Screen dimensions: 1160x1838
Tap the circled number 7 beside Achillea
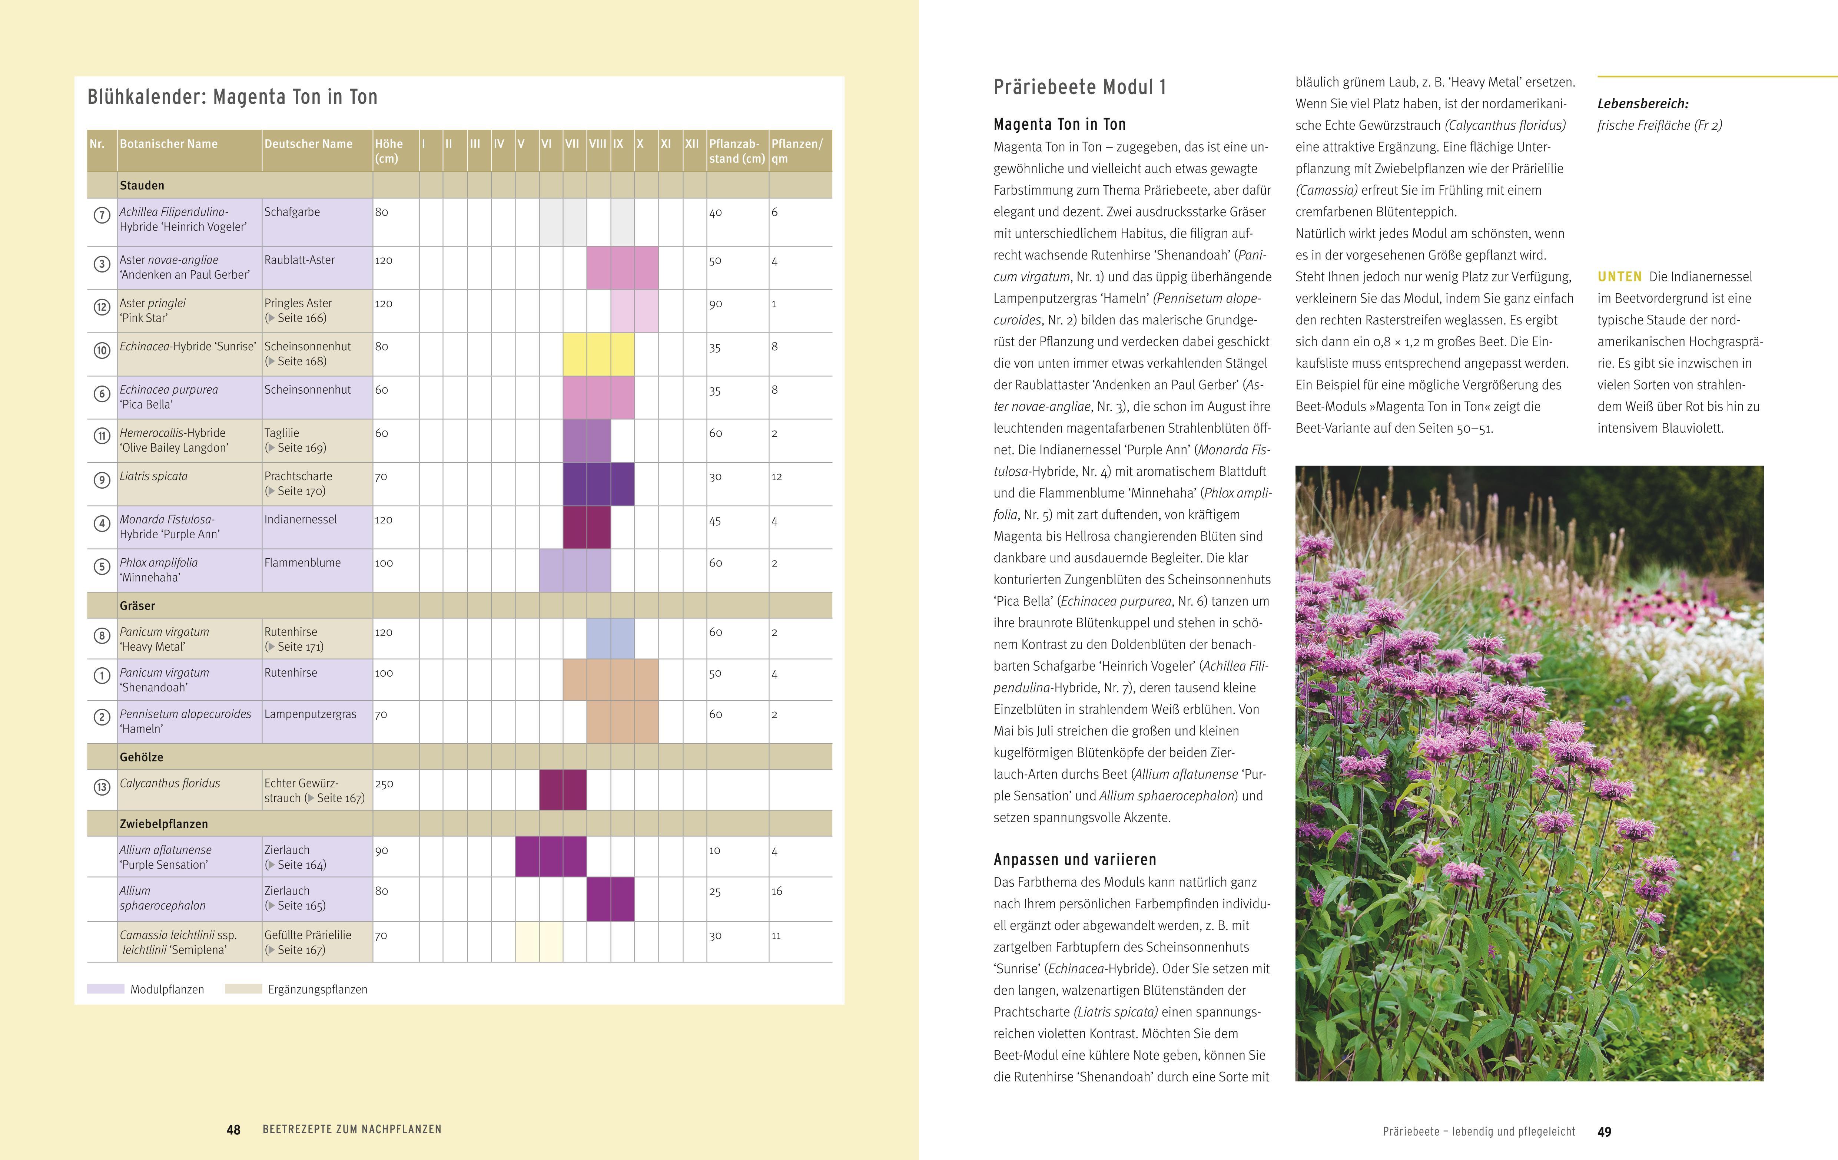click(x=102, y=215)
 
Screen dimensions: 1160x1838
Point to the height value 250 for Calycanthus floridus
click(x=384, y=783)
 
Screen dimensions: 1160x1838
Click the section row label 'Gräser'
click(x=137, y=606)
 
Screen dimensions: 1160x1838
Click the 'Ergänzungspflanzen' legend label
click(x=318, y=990)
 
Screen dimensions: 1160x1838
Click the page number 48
click(x=233, y=1130)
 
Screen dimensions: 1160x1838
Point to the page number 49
click(x=1605, y=1132)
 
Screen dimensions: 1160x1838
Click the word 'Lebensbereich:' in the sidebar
click(x=1643, y=104)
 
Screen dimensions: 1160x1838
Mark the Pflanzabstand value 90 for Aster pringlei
click(x=715, y=304)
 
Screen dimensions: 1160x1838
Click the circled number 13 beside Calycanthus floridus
click(x=102, y=787)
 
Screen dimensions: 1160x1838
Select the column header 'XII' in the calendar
click(x=691, y=143)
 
